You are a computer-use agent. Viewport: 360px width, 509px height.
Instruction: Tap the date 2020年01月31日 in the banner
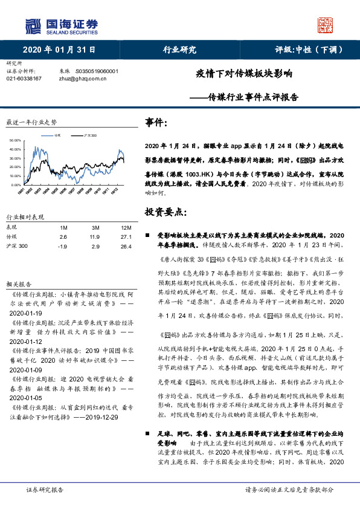pos(60,50)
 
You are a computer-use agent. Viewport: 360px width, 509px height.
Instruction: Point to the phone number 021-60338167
pos(24,79)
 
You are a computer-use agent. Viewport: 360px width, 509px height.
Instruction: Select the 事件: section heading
pos(156,123)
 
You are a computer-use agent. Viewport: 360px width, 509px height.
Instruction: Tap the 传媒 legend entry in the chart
pos(57,135)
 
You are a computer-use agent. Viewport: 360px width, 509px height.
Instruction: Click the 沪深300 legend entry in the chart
pos(90,135)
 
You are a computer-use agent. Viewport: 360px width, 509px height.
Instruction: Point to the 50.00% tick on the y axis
pos(15,141)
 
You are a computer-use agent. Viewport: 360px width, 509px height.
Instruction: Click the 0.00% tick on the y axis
pos(16,184)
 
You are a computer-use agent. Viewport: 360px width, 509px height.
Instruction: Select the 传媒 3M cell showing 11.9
pos(94,236)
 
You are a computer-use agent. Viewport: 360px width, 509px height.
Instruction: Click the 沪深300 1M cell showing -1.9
pos(63,246)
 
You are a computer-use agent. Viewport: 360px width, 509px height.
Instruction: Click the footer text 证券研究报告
pos(45,489)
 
